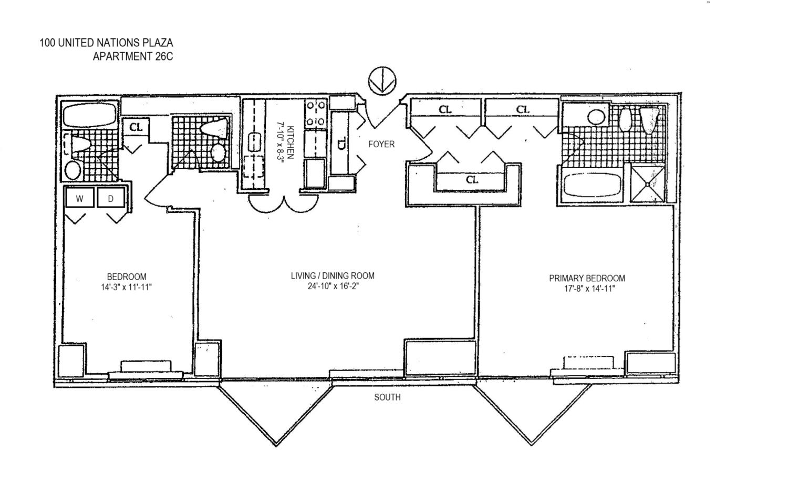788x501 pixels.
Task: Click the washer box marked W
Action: click(80, 198)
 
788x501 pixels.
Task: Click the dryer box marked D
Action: click(111, 198)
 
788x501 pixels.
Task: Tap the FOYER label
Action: click(381, 144)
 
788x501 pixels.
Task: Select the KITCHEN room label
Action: click(291, 142)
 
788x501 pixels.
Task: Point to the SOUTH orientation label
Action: click(387, 397)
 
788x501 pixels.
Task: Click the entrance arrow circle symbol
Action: click(382, 81)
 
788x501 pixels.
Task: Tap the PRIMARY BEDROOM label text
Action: click(587, 278)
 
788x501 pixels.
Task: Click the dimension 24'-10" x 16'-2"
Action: click(333, 286)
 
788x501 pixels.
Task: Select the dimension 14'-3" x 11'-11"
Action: click(126, 287)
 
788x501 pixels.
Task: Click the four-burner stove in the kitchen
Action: click(316, 114)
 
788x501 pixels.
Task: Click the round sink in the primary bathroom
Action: click(596, 117)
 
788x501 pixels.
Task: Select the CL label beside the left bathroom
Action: click(136, 127)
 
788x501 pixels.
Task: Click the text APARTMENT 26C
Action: click(133, 56)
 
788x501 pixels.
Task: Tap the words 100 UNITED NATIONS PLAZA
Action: click(106, 43)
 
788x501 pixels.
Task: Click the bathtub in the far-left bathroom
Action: click(90, 115)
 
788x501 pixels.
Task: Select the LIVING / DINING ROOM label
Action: click(333, 275)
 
